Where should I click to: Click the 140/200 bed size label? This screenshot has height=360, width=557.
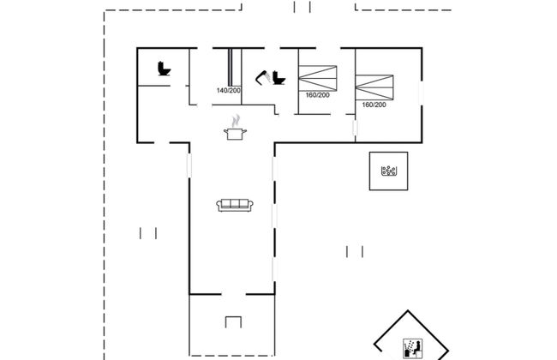pyautogui.click(x=229, y=90)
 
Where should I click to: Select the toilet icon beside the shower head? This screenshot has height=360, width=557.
pyautogui.click(x=278, y=78)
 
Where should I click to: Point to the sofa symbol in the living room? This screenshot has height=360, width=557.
pyautogui.click(x=234, y=204)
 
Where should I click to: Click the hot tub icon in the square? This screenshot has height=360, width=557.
pyautogui.click(x=390, y=171)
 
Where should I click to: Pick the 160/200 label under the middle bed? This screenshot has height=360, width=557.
pyautogui.click(x=317, y=94)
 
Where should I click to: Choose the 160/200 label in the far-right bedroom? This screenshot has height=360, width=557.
pyautogui.click(x=374, y=105)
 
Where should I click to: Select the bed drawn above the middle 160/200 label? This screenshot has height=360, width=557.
pyautogui.click(x=319, y=77)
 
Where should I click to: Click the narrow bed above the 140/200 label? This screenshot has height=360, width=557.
pyautogui.click(x=230, y=67)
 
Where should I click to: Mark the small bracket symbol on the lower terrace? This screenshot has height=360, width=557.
pyautogui.click(x=234, y=321)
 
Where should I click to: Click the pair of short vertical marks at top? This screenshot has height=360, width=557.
pyautogui.click(x=302, y=8)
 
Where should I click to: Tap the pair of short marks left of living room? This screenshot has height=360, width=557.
pyautogui.click(x=148, y=232)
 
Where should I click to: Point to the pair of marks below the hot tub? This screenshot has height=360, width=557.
pyautogui.click(x=355, y=251)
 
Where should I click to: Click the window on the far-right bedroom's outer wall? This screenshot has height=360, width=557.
pyautogui.click(x=420, y=94)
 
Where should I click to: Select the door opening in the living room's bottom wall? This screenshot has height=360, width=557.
pyautogui.click(x=231, y=292)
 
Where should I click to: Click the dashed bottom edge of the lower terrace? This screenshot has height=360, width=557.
pyautogui.click(x=231, y=353)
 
